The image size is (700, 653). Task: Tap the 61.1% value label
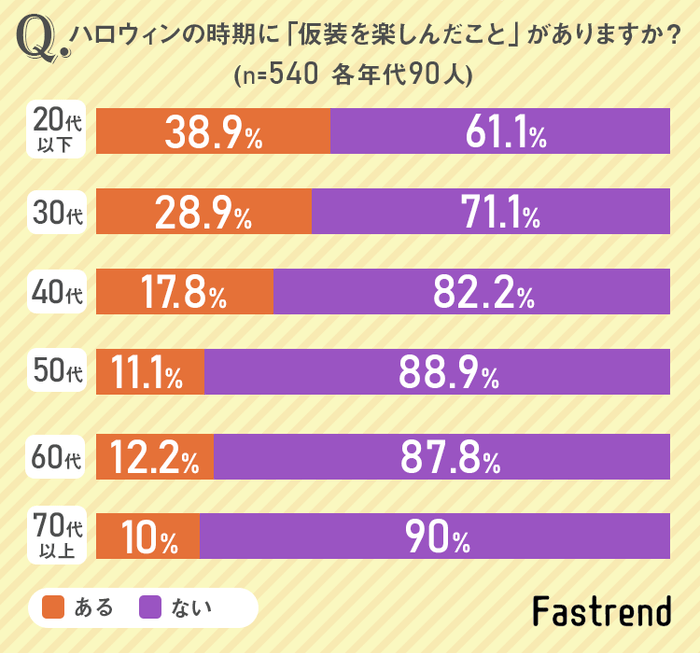(501, 131)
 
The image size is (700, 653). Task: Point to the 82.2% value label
(484, 293)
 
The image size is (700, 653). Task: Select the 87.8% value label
(450, 458)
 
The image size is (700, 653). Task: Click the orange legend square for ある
(53, 607)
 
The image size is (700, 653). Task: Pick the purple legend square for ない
(151, 607)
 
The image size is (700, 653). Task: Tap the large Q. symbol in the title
(41, 40)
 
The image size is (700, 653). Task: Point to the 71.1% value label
(494, 213)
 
